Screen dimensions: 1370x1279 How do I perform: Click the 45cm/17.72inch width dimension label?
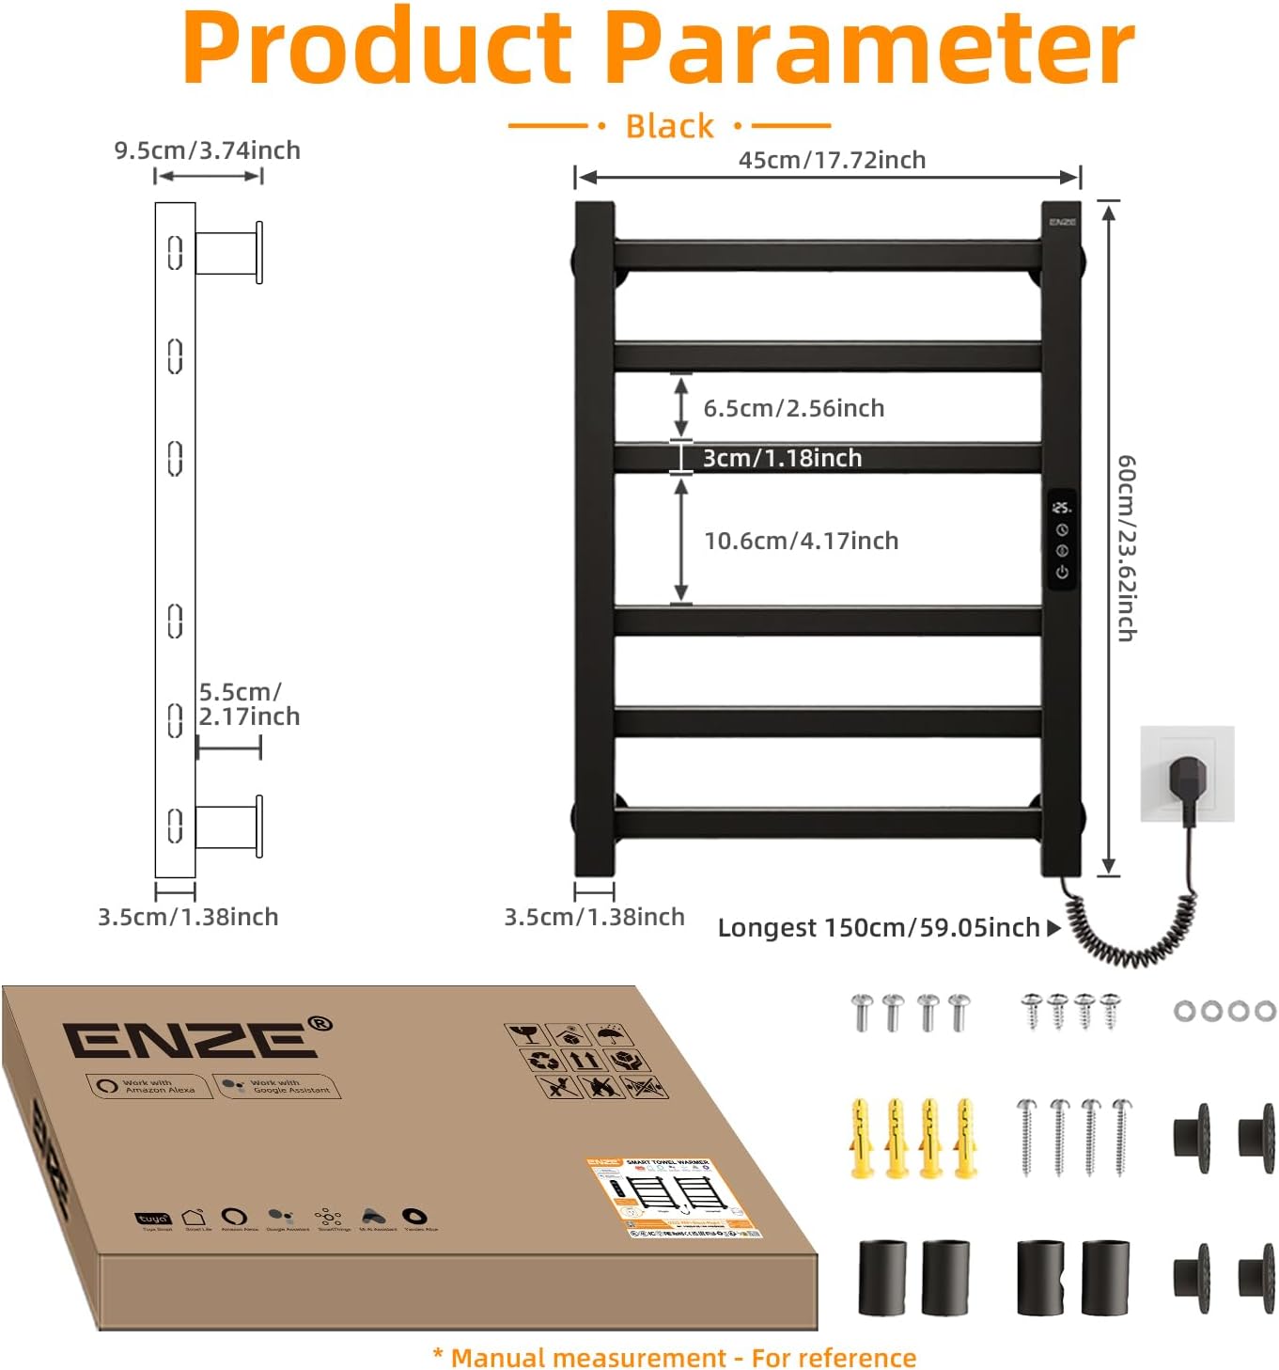tap(832, 160)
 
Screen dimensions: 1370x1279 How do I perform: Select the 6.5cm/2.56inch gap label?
tap(794, 408)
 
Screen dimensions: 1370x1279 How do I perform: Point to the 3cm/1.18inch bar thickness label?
tap(782, 458)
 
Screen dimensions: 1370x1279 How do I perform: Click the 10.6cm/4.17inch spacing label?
tap(801, 541)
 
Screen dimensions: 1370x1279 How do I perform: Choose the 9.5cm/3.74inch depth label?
tap(207, 150)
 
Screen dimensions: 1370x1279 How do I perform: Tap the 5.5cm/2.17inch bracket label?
tap(248, 704)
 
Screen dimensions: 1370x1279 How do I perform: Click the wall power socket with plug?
tap(1187, 774)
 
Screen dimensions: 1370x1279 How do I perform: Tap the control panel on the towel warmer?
tap(1062, 540)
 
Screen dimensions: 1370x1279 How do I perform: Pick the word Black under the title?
tap(669, 126)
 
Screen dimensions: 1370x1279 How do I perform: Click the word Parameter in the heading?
tap(869, 47)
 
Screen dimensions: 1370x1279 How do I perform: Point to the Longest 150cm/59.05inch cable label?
tap(878, 928)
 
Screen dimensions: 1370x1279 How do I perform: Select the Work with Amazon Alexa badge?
tap(148, 1086)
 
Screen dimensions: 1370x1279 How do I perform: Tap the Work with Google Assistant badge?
tap(277, 1086)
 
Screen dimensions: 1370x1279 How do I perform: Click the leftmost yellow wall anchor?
tap(861, 1137)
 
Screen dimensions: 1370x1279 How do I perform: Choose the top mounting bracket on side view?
tap(229, 252)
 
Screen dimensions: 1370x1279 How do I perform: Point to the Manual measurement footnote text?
tap(674, 1358)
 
